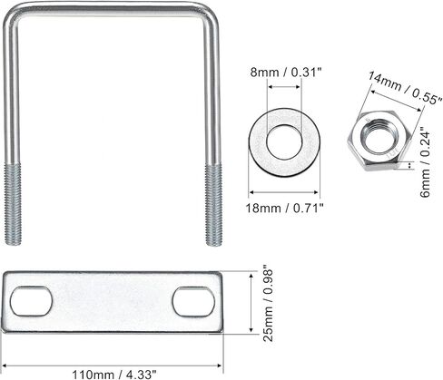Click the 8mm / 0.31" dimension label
pos(285,73)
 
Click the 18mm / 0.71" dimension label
pos(284,209)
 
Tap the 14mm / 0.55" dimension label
pos(405,88)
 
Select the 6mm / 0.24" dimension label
pos(425,164)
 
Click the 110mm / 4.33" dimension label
pos(114,375)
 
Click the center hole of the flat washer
pos(284,141)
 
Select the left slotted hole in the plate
pos(31,301)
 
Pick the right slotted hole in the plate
pos(193,302)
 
